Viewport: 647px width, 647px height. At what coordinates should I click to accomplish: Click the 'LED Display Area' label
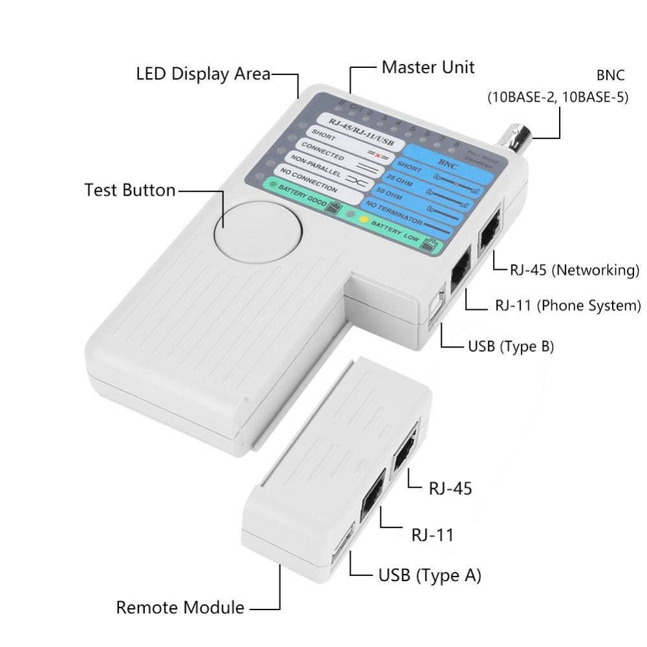(x=203, y=73)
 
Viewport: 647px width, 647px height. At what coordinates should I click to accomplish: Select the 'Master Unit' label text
(x=428, y=67)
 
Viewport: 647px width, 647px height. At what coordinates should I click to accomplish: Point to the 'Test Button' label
(x=129, y=190)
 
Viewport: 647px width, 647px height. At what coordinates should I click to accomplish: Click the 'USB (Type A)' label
(x=430, y=575)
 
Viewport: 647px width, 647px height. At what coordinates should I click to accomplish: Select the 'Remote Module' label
(x=180, y=608)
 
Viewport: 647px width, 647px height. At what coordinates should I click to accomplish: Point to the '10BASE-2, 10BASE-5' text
(x=557, y=99)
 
